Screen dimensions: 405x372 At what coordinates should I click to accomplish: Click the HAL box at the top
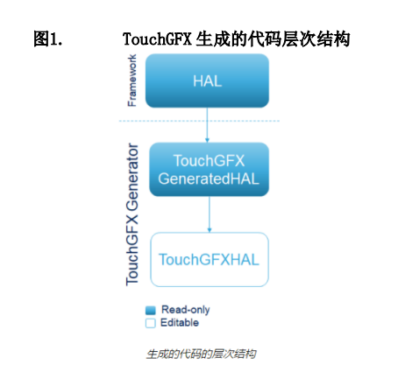(x=207, y=81)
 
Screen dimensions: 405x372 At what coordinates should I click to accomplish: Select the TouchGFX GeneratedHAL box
(x=209, y=170)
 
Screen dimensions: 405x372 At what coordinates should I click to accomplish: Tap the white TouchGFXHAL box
(x=210, y=259)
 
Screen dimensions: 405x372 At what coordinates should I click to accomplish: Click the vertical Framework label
(x=132, y=81)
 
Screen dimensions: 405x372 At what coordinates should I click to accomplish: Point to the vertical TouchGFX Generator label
(x=132, y=214)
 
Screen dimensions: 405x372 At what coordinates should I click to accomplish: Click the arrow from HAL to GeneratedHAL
(x=207, y=125)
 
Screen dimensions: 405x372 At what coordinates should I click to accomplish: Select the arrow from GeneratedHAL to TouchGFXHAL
(x=210, y=214)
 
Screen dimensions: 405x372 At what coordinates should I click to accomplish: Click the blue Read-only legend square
(x=151, y=310)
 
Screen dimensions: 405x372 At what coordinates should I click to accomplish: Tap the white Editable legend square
(x=151, y=323)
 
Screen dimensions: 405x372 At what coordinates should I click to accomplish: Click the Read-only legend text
(x=186, y=310)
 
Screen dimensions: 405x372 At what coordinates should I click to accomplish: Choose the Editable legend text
(x=180, y=323)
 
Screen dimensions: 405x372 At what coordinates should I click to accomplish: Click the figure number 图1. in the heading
(x=48, y=39)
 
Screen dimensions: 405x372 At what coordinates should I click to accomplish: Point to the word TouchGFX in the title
(x=157, y=39)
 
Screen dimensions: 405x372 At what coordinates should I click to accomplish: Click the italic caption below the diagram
(x=201, y=354)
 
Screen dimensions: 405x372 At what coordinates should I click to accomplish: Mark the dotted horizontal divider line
(x=199, y=121)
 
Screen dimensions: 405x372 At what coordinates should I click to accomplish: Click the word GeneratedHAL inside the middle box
(x=209, y=179)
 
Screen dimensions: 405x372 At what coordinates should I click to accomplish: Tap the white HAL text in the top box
(x=207, y=81)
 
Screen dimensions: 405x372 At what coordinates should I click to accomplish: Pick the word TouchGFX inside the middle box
(x=210, y=161)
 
